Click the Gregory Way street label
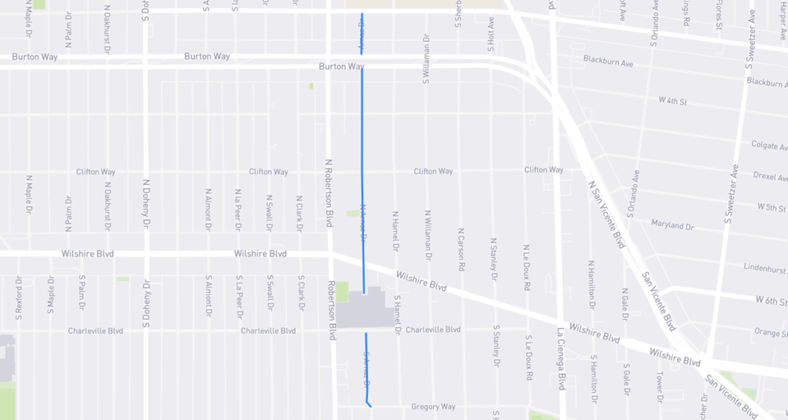point(433,407)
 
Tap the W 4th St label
point(673,101)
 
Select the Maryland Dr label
point(673,227)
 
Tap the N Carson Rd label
point(461,247)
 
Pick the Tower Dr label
point(659,382)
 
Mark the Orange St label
point(770,333)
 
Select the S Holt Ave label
point(489,35)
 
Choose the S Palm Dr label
point(82,295)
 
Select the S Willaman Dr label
point(426,59)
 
